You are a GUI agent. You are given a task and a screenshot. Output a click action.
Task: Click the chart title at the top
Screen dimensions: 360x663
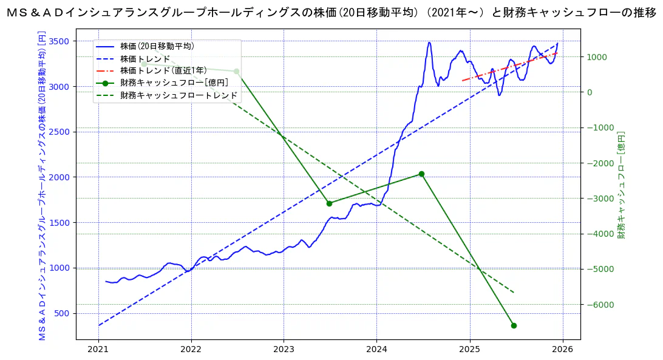point(331,13)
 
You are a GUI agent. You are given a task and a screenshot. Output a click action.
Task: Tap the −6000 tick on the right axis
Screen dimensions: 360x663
point(599,305)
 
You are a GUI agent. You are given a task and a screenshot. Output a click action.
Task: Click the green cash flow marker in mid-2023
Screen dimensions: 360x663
point(329,203)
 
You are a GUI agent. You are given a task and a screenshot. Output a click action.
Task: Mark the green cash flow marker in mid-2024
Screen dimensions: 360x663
point(421,174)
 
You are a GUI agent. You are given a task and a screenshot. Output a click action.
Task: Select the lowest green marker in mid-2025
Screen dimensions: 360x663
point(514,326)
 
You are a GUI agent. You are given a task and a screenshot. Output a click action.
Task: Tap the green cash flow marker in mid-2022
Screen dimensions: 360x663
point(236,72)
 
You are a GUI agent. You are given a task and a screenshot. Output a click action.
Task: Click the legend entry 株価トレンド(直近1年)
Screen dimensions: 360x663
point(163,70)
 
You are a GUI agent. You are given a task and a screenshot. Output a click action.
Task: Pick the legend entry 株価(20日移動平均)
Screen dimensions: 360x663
point(157,46)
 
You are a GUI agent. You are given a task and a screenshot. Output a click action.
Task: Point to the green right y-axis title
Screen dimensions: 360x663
point(621,185)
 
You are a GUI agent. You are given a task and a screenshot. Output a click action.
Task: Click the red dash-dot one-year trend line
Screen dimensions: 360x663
point(510,67)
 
